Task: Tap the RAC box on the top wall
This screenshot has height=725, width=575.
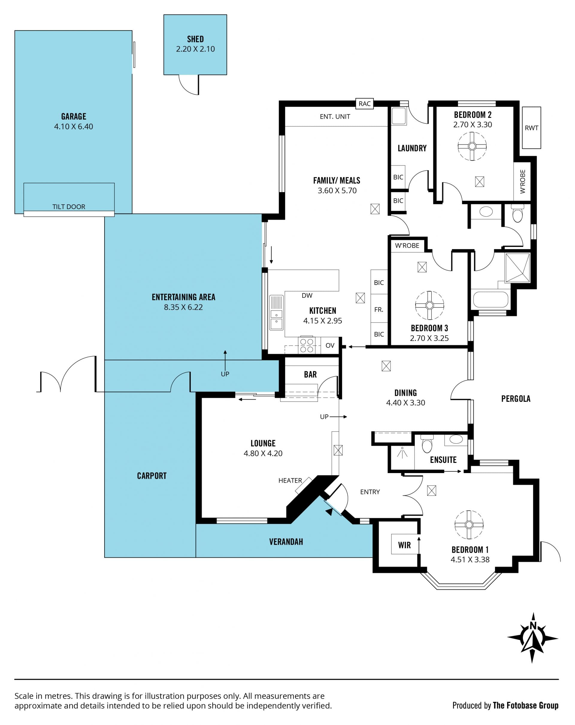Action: [x=365, y=104]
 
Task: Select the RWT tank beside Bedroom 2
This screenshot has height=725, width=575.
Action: [x=531, y=128]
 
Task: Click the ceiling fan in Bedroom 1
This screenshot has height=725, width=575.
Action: [x=469, y=525]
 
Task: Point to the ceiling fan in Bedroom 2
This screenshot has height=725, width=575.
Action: [x=472, y=146]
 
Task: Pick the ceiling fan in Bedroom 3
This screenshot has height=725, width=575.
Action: [x=429, y=305]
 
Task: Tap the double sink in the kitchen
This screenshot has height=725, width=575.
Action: [x=276, y=313]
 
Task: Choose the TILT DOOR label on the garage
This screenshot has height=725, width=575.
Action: [x=69, y=207]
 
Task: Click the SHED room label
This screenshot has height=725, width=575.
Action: [x=195, y=39]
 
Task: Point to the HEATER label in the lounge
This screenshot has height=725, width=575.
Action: [x=290, y=481]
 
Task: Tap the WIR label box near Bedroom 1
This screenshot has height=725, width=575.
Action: [x=405, y=545]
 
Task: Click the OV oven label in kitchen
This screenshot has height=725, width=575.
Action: [x=330, y=345]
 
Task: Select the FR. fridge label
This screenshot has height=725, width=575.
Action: [x=379, y=309]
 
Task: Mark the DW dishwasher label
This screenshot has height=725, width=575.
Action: [x=307, y=296]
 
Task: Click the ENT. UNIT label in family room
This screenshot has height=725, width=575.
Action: [x=335, y=117]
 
